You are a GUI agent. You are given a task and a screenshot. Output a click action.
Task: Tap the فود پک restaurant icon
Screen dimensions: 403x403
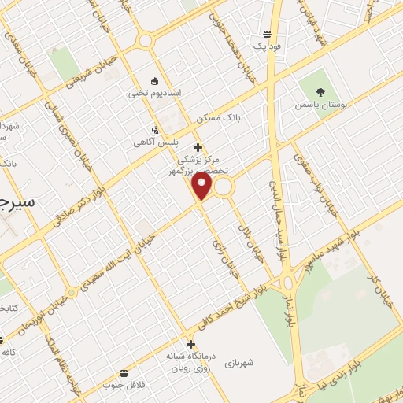[268, 34]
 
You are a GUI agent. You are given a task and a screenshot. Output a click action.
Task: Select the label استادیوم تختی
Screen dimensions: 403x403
[155, 93]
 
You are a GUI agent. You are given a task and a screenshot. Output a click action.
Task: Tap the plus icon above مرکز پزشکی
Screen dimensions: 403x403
[198, 147]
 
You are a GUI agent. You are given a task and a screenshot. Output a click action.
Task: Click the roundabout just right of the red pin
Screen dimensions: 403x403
[224, 187]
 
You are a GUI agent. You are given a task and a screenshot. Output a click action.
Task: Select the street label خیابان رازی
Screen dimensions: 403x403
[220, 257]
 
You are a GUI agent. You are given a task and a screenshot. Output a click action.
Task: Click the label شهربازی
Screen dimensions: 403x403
[239, 363]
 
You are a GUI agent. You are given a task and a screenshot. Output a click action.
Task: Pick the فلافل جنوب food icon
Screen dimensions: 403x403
[124, 372]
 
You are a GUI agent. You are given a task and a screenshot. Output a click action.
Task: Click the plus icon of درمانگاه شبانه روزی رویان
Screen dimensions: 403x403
[190, 344]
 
